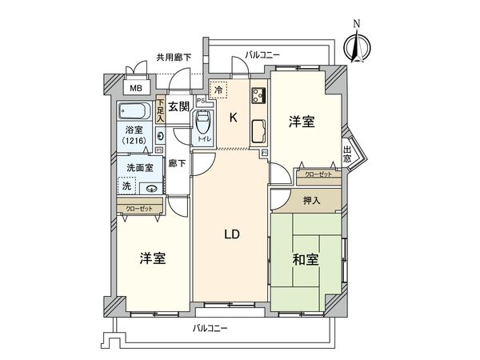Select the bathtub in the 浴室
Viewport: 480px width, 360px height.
(x=137, y=110)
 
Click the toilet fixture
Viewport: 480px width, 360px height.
(x=203, y=125)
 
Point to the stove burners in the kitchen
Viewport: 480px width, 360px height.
(x=259, y=98)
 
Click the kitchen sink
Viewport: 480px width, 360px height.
(x=258, y=130)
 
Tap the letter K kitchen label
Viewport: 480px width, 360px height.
(x=234, y=118)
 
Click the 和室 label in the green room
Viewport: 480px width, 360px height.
(x=306, y=260)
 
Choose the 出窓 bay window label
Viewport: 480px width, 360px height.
(x=347, y=154)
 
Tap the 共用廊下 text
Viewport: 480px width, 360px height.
(x=173, y=57)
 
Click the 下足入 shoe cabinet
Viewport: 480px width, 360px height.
(x=161, y=108)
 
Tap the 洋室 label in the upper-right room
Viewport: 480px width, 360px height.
(x=302, y=122)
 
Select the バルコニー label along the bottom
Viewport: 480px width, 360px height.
(x=210, y=329)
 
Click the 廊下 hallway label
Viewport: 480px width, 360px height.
(x=178, y=163)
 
